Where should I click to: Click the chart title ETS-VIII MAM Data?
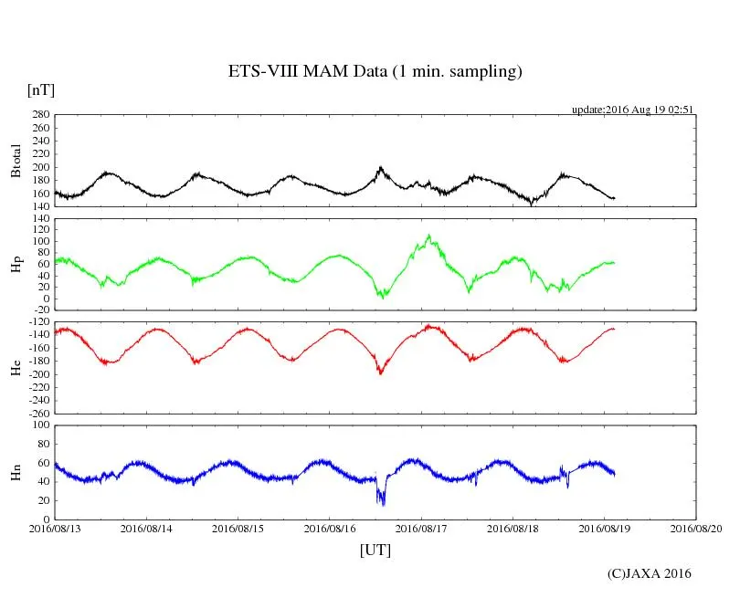tap(375, 71)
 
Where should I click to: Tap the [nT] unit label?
tap(41, 90)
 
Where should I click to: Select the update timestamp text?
tap(633, 110)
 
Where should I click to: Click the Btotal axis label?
tap(16, 161)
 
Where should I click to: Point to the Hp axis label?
tap(16, 265)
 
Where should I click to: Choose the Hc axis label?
tap(16, 369)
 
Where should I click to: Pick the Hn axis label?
tap(16, 472)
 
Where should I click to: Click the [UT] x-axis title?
tap(375, 550)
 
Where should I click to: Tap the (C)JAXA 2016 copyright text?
tap(650, 573)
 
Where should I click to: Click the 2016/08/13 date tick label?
tap(55, 528)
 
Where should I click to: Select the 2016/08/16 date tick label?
tap(330, 528)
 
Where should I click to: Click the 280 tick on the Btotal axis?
tap(38, 115)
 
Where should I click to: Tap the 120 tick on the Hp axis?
tap(38, 219)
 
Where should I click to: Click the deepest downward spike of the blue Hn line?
tap(383, 504)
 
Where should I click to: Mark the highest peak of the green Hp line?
tap(428, 236)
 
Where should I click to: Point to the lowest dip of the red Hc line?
tap(380, 373)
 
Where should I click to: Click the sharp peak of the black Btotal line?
tap(380, 167)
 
